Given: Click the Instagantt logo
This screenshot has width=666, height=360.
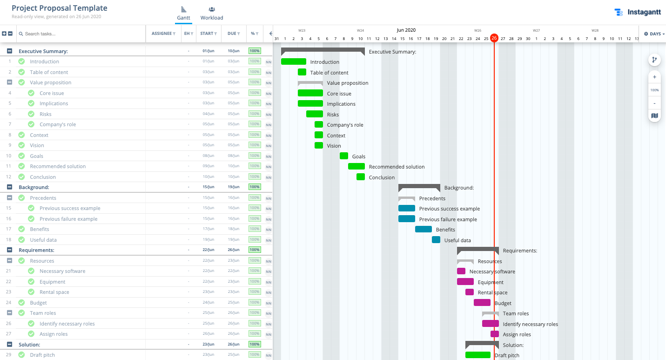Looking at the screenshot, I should coord(637,12).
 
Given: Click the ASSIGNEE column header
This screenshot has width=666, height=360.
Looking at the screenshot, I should coord(163,34).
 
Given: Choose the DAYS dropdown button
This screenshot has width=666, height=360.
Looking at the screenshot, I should coord(654,34).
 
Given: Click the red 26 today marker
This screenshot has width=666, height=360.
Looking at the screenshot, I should coord(494,38).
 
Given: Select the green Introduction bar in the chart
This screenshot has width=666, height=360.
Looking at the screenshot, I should coord(293,61).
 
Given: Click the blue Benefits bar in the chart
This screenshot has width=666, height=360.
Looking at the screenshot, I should coord(423,229).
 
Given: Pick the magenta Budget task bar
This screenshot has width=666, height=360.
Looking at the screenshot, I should coord(482,303).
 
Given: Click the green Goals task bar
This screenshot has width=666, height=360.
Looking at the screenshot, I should coord(343,156).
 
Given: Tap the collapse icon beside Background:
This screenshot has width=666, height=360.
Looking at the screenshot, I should coord(9,187).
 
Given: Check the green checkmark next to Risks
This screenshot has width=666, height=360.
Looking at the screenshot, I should coord(31,114).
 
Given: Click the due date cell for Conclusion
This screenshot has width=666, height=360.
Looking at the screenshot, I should coord(233,177).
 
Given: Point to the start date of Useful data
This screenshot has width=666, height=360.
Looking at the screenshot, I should coord(208,240).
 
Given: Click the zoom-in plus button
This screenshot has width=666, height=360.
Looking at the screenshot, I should coord(654,77).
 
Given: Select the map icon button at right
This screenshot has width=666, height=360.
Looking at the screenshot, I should coord(654,115).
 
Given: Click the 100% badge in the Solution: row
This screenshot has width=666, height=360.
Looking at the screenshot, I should coord(255,345).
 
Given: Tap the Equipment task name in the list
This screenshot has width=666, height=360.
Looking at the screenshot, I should coord(52,282).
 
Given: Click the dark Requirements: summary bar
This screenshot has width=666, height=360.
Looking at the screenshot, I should coord(478,250).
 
